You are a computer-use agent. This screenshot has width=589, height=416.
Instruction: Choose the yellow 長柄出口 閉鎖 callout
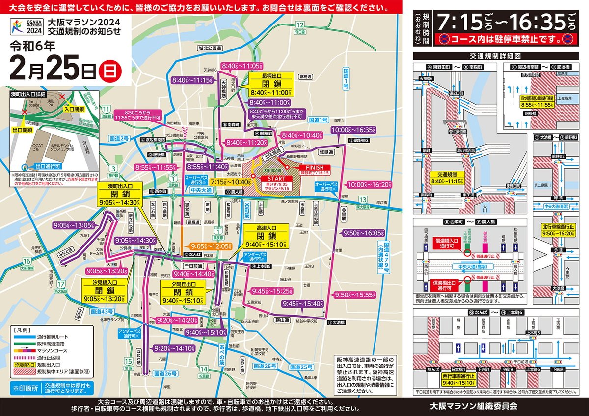coord(270,84)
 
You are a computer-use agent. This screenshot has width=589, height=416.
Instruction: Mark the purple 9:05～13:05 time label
coord(73,225)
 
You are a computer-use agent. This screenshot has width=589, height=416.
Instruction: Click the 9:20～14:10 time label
coord(175,348)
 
